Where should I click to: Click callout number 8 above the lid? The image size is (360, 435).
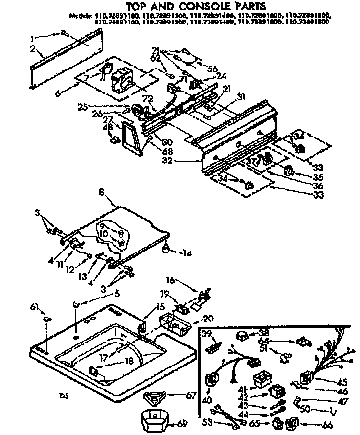pyautogui.click(x=101, y=193)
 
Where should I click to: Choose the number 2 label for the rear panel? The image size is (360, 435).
pyautogui.click(x=32, y=48)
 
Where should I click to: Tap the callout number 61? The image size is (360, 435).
pyautogui.click(x=34, y=307)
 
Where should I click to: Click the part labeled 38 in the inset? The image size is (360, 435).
pyautogui.click(x=241, y=336)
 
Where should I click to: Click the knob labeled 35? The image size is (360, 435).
pyautogui.click(x=289, y=171)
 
